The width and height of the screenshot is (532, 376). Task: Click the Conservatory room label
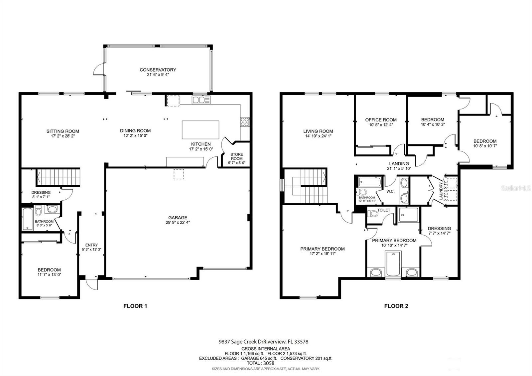pos(158,70)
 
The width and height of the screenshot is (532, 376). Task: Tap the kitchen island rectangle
pos(200,130)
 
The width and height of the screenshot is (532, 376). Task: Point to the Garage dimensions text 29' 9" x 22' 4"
pos(178,223)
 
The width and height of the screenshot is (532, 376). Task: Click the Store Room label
pos(236,156)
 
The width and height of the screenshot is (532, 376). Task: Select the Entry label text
pos(91,245)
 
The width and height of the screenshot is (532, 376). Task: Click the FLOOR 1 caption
pos(135,306)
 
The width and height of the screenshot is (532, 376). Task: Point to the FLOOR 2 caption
pos(396,306)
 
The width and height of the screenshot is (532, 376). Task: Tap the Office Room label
pos(381,120)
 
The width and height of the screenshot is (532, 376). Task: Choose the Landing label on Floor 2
pos(399,164)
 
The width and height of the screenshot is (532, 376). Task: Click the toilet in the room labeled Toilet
pos(372,214)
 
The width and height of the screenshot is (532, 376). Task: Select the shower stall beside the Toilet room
pos(409,215)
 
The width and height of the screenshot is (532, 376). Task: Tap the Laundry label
pos(441,191)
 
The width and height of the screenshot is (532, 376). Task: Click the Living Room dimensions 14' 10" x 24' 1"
pos(318,136)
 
